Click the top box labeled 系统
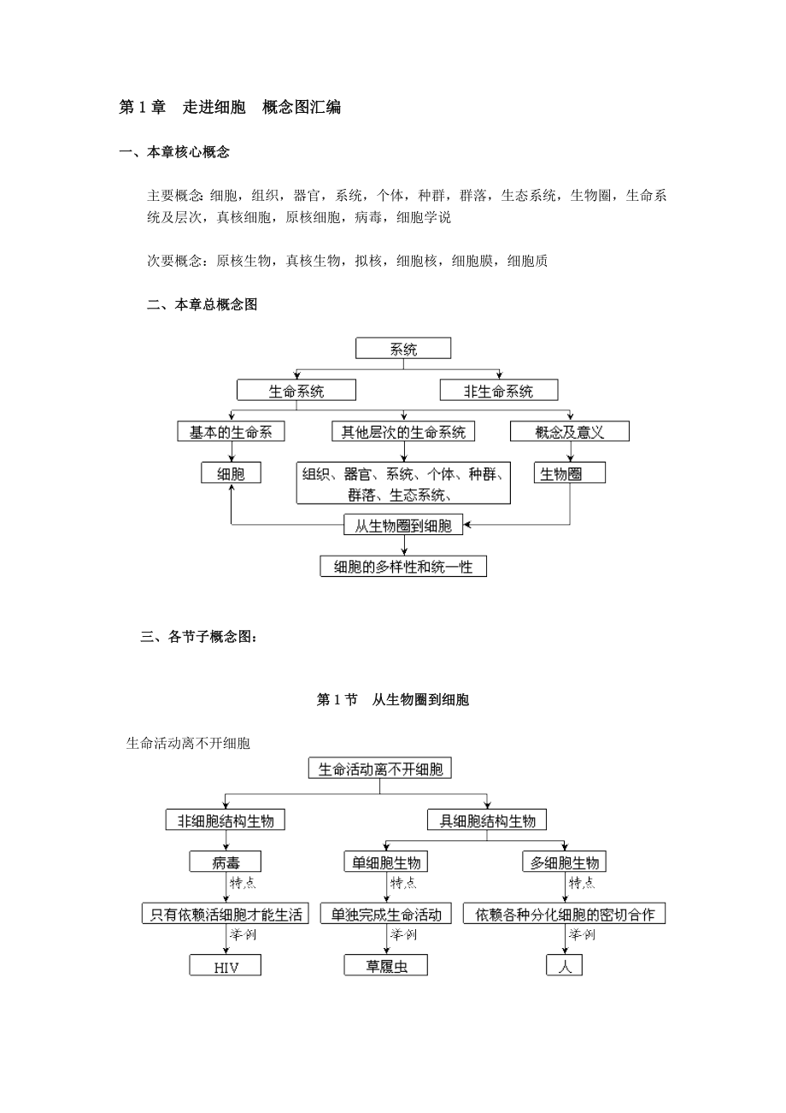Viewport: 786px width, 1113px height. [403, 349]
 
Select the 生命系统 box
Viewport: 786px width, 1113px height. [296, 392]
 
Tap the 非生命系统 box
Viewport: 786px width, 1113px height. [499, 392]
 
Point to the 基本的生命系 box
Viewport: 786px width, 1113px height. [231, 432]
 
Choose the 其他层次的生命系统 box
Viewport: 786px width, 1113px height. [403, 432]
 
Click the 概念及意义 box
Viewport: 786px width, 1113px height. [570, 432]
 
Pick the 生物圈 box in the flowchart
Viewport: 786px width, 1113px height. [570, 474]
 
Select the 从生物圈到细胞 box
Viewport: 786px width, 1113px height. [403, 526]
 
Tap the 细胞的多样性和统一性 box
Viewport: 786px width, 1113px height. [403, 566]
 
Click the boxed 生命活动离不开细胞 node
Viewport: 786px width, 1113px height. [380, 769]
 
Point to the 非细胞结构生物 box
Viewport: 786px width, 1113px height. [226, 821]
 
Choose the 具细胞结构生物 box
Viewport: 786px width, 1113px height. [488, 821]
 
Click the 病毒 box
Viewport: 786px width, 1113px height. [226, 863]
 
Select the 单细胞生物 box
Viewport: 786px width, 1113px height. [385, 863]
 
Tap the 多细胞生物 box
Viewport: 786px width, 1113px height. [565, 863]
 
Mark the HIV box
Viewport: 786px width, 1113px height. [226, 966]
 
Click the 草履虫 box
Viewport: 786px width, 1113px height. [385, 966]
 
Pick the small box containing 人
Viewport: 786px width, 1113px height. [565, 966]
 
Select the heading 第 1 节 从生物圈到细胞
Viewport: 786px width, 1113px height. [393, 700]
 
